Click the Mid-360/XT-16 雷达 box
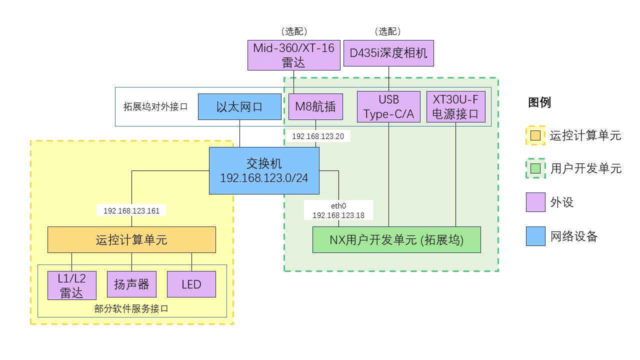(293, 55)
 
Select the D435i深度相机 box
(388, 53)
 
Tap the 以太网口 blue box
(239, 106)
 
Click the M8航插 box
(315, 106)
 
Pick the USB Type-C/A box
(388, 106)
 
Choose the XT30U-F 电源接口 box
(455, 106)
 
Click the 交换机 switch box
(264, 171)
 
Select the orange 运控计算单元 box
(131, 239)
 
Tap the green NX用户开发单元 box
(396, 239)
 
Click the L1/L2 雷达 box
(71, 285)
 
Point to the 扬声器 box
(131, 284)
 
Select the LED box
(191, 284)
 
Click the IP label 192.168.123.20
(318, 136)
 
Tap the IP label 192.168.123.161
(131, 211)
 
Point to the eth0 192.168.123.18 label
(338, 210)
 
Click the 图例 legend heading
(539, 102)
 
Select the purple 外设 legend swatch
(535, 202)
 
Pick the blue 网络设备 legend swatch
(535, 236)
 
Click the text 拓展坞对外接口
(155, 106)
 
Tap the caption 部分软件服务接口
(131, 308)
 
